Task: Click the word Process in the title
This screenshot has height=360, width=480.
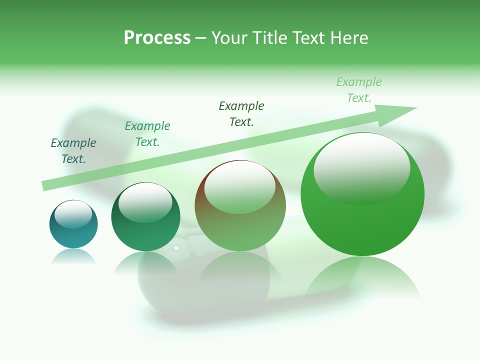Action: point(157,38)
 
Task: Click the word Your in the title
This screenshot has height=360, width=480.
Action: point(228,38)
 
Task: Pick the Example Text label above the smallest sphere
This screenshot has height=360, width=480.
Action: point(73,151)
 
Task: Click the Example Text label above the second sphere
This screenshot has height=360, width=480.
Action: point(147,134)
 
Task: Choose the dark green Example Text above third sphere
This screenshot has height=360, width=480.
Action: point(241,114)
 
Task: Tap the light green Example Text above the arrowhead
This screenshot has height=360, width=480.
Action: point(359,90)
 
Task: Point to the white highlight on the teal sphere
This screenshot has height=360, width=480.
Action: point(73,214)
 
